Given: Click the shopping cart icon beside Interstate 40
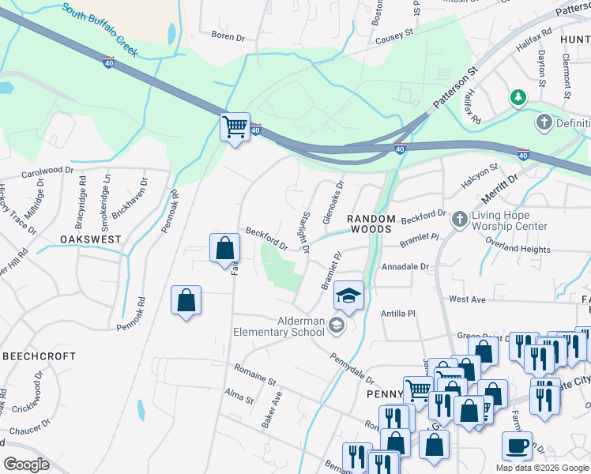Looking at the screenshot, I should tap(235, 126).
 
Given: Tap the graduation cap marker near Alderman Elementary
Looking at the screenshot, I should tap(348, 295).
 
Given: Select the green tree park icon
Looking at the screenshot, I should tap(518, 98).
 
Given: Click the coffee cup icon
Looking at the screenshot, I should tap(517, 446).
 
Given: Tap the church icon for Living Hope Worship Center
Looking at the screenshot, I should tap(460, 220).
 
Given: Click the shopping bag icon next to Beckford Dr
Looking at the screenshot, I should tap(225, 248).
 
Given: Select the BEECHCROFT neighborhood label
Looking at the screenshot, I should tap(38, 357).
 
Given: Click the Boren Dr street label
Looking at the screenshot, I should tap(229, 35).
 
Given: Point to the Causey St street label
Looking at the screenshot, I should tap(394, 36).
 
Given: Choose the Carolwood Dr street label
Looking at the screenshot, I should tap(47, 171).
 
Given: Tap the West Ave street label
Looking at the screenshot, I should tap(467, 299).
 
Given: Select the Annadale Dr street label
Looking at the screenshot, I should tap(404, 267).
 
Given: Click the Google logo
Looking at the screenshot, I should tap(26, 465).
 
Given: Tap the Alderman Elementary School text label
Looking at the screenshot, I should tap(278, 326).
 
